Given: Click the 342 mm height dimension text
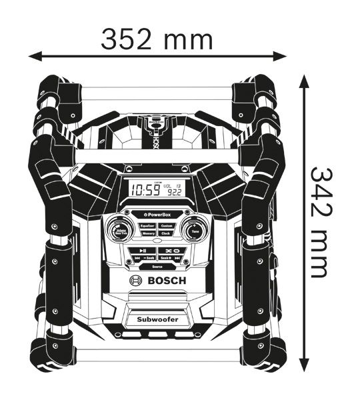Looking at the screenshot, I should click(x=322, y=222).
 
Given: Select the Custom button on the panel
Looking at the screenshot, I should click(x=167, y=226).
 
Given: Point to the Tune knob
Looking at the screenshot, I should click(x=193, y=231).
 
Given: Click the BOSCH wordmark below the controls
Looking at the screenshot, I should click(x=164, y=282).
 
